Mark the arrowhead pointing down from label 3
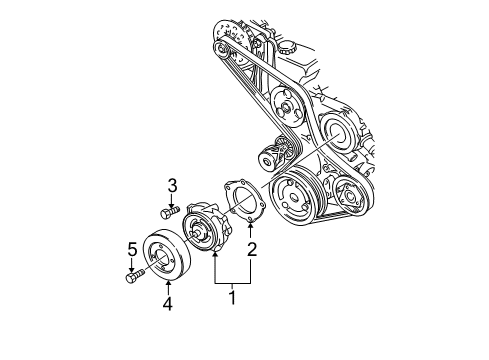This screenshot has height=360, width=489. (172, 202)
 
